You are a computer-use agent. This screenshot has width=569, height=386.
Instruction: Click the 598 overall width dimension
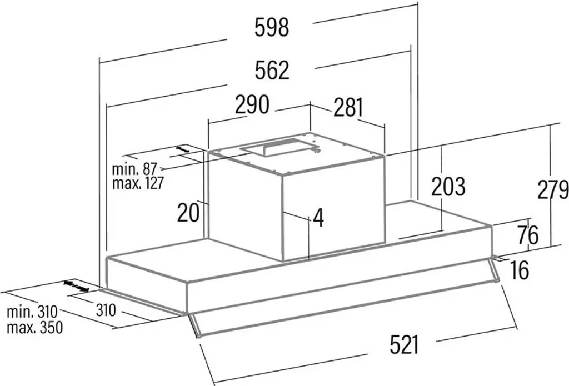tap(272, 28)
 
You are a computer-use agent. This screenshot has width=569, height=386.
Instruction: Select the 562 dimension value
tap(272, 71)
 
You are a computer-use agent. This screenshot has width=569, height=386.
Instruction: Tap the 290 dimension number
tap(252, 104)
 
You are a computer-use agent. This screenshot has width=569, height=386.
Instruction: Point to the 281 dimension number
tap(348, 107)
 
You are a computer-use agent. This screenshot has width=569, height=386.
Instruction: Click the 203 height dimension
tap(448, 187)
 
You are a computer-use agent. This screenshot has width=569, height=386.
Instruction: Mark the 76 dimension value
tap(528, 235)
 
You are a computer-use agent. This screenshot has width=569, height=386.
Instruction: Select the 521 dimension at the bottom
tap(405, 345)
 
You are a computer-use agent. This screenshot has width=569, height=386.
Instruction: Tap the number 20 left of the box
tap(188, 213)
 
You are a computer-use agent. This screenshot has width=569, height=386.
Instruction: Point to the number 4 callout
tap(318, 218)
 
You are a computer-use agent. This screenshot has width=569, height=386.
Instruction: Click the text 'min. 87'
tap(134, 169)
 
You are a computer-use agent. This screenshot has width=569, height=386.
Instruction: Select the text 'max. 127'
tap(138, 183)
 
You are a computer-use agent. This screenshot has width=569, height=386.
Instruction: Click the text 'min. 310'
tap(32, 312)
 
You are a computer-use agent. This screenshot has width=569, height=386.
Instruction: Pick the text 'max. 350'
tap(35, 328)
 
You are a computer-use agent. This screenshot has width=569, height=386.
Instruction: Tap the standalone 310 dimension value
tap(106, 310)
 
